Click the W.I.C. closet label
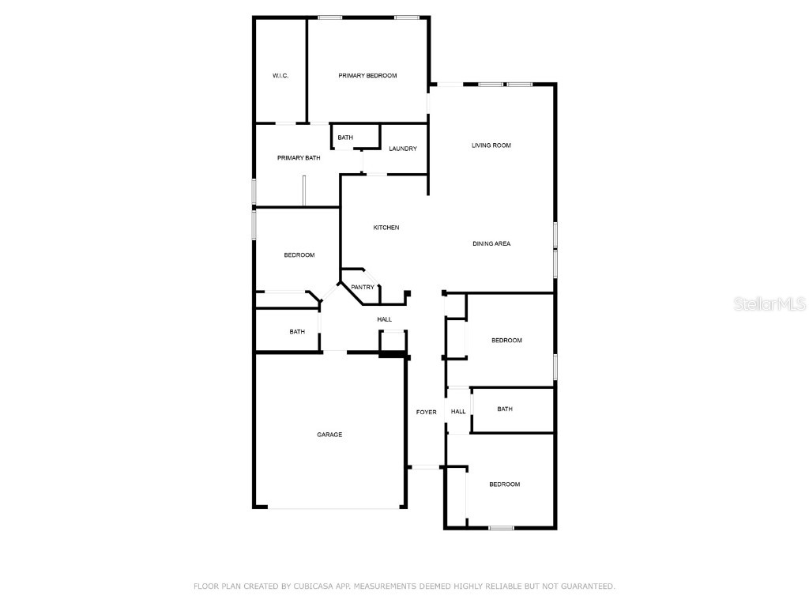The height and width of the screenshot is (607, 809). [280, 76]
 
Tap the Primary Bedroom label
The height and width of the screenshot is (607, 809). [367, 76]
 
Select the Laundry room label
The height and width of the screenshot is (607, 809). [403, 149]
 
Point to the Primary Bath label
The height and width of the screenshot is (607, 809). [299, 158]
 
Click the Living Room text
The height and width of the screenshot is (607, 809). [491, 145]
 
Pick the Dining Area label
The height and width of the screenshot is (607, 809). [491, 243]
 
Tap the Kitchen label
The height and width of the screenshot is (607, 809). [386, 228]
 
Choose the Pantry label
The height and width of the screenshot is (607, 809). [363, 287]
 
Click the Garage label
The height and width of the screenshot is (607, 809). [329, 435]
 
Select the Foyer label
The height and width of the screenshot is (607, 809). [427, 412]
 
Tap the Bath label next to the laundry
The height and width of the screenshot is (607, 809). [345, 138]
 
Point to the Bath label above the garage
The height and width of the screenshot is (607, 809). [297, 332]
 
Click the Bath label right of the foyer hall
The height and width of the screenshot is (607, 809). [505, 409]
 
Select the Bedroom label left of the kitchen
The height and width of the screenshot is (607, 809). [299, 255]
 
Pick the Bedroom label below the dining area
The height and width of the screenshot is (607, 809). [506, 341]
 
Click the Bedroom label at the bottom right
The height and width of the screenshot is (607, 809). [504, 484]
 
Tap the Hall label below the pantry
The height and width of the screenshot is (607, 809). [384, 319]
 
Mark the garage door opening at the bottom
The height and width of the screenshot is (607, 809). [329, 507]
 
